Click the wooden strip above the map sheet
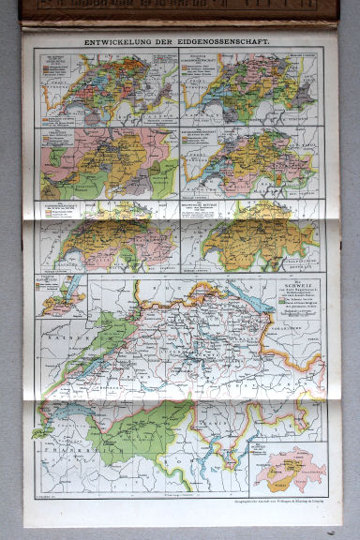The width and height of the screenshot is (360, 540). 178,9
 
